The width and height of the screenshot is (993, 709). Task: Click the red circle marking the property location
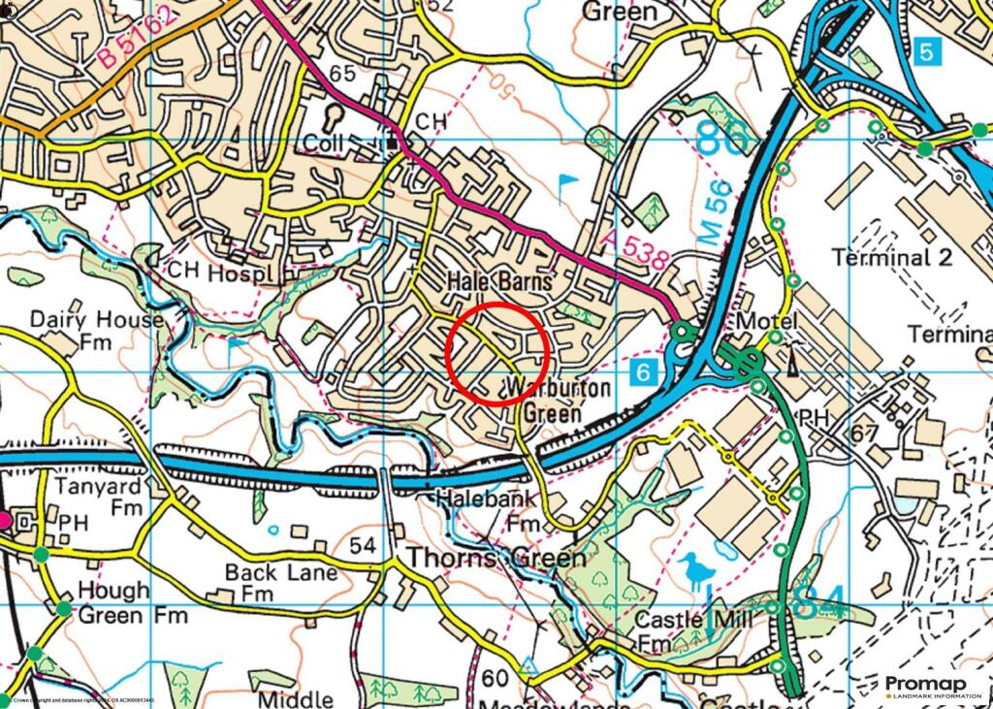click(x=499, y=351)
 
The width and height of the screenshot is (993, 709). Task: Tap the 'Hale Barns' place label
click(x=500, y=281)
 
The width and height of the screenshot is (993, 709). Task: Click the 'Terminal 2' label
click(x=892, y=257)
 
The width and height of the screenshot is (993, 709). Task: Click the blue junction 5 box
click(x=927, y=51)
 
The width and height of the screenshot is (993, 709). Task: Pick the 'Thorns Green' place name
click(x=496, y=559)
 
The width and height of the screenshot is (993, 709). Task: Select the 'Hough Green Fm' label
click(x=113, y=602)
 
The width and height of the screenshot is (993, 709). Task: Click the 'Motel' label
click(x=767, y=321)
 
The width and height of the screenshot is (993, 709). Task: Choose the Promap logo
click(x=932, y=686)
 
